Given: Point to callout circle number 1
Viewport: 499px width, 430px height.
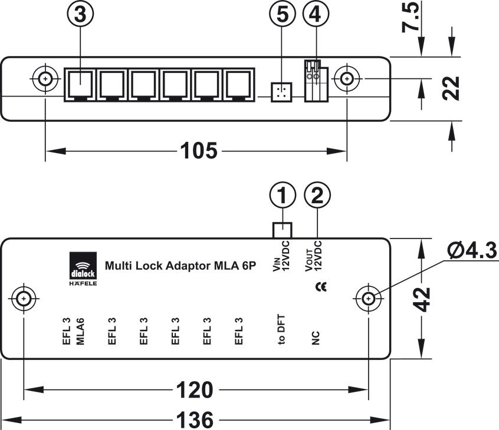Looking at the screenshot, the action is (283, 195).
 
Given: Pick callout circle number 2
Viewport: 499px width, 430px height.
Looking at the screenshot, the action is (317, 195).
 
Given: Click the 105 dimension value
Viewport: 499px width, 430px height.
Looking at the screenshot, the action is (199, 150).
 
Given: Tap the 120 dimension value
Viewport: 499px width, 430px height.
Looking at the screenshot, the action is (195, 389).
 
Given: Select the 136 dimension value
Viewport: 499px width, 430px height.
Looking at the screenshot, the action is (195, 420).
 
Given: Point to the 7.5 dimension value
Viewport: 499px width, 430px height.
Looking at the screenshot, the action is (410, 17).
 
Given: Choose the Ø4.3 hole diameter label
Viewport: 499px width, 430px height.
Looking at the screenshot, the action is (472, 250).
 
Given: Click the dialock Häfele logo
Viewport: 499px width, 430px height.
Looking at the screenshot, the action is (83, 269).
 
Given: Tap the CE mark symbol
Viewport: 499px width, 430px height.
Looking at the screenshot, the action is (321, 287).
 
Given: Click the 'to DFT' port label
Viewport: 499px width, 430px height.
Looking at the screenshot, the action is (281, 330).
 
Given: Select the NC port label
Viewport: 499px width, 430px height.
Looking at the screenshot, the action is (315, 338).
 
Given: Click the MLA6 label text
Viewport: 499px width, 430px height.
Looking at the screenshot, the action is (81, 331).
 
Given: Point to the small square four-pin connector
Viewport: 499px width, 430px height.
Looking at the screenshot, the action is (281, 92).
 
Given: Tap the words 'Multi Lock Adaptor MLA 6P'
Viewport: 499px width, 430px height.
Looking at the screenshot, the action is (180, 266).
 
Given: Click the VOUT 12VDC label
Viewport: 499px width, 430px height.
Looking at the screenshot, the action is (313, 256).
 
